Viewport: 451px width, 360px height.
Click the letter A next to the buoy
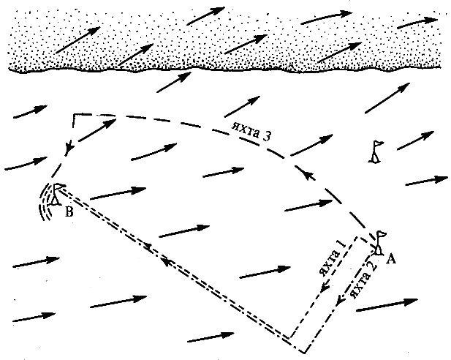[390, 257]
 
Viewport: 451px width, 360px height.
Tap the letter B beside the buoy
[69, 214]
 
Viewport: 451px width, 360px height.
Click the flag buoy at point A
[380, 241]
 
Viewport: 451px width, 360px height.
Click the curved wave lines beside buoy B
[45, 202]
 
